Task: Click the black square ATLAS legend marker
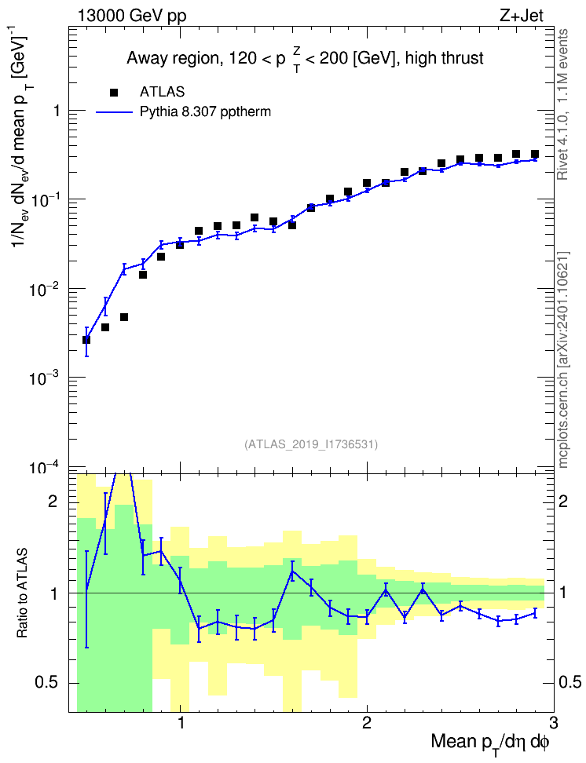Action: point(114,92)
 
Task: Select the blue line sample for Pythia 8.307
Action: point(114,112)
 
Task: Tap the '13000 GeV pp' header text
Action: point(131,16)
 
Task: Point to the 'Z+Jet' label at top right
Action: point(522,16)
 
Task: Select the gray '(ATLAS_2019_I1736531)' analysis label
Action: point(311,444)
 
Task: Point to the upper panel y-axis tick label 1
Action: point(57,111)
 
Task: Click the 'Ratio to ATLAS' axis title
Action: point(21,593)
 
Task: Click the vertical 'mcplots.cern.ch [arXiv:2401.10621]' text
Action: point(563,360)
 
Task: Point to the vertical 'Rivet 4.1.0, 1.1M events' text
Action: point(562,104)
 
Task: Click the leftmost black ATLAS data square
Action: point(86,340)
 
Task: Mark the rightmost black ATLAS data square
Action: point(535,154)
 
